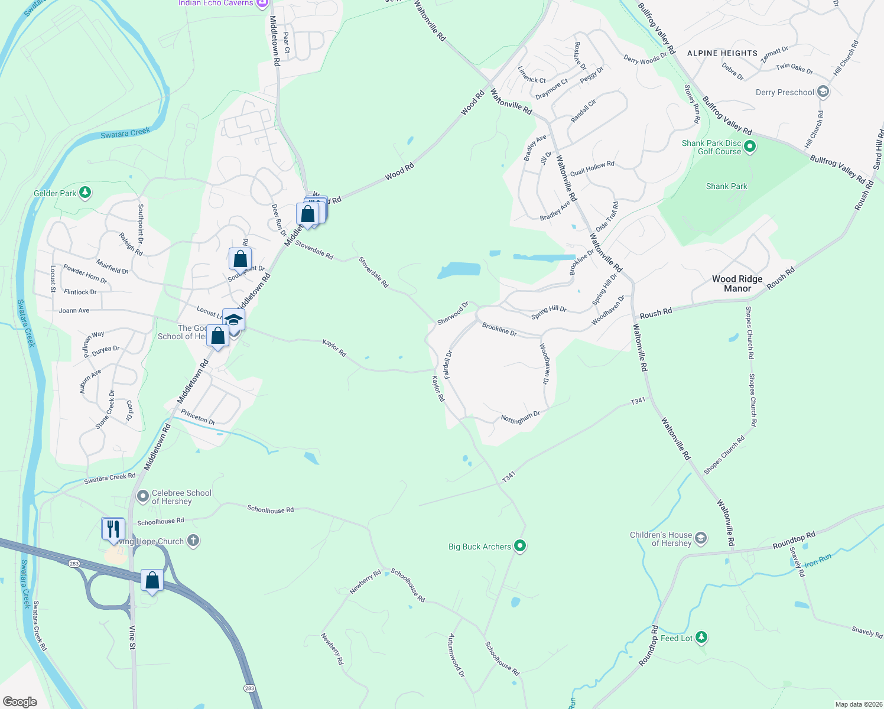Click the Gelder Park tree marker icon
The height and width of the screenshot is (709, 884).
pos(85,193)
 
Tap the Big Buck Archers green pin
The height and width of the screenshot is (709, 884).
pos(520,546)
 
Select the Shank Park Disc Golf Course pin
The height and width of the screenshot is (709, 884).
pos(750,146)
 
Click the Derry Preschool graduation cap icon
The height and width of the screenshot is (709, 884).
pos(823,92)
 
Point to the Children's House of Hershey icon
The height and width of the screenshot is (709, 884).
pos(700,538)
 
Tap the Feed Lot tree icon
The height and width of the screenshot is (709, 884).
pos(701,638)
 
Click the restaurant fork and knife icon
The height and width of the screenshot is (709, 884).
pos(113,529)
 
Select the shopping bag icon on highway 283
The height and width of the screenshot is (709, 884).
pos(152,581)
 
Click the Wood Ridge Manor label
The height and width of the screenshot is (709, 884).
pos(737,284)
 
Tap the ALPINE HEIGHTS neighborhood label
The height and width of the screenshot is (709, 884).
pos(722,53)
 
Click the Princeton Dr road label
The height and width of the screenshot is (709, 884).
pos(198,417)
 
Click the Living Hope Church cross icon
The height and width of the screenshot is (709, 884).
pos(193,540)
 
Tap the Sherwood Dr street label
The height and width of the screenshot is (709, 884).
pos(453,313)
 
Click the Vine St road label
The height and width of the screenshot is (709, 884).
pos(132,638)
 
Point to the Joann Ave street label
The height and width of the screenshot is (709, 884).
pos(74,310)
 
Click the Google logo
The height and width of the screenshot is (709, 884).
pos(20,702)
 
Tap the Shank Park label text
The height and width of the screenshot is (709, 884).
pos(726,186)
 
